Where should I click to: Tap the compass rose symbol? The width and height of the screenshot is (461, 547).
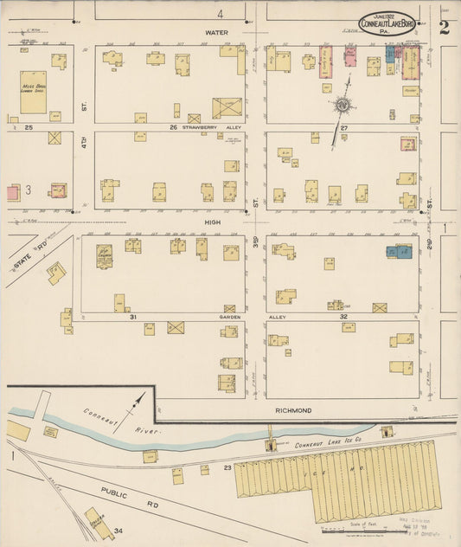344,106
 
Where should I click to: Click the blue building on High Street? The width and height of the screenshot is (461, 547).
399,252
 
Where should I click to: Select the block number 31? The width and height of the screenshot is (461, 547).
134,317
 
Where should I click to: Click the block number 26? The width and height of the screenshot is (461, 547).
173,127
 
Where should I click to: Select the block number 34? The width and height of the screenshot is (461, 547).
118,530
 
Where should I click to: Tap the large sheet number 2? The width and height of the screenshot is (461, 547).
444,26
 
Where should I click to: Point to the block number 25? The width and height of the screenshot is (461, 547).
29,127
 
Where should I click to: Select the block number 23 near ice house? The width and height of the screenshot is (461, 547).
227,467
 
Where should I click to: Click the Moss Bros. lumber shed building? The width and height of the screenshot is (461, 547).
34,92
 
